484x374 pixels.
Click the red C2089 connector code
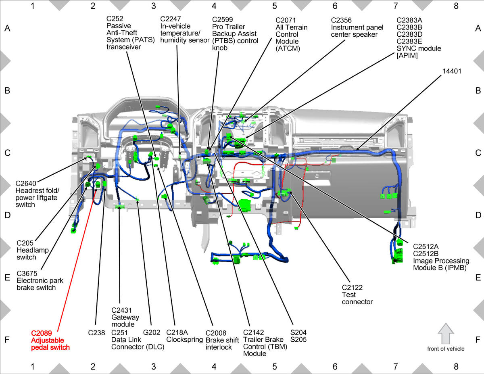click(42, 333)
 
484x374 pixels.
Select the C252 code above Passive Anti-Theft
click(115, 19)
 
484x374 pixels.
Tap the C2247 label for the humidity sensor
click(170, 19)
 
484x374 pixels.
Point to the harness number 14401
click(452, 71)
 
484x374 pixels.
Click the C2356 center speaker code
click(341, 20)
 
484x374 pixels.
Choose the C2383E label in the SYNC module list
click(409, 42)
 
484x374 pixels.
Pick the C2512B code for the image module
click(426, 254)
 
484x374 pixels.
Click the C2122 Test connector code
click(352, 288)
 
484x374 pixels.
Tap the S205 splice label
click(298, 339)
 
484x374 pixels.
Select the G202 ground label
click(152, 332)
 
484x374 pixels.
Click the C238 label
click(96, 333)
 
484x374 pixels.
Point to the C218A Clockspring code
click(177, 332)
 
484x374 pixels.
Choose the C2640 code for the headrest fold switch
click(26, 184)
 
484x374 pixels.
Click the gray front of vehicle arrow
click(446, 334)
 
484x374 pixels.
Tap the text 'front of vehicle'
click(446, 349)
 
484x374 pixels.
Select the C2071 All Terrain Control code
click(286, 20)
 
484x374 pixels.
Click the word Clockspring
click(184, 340)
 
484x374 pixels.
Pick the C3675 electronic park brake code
click(27, 274)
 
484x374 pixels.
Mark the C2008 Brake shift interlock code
click(216, 333)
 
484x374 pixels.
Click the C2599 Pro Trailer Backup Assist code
click(223, 20)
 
